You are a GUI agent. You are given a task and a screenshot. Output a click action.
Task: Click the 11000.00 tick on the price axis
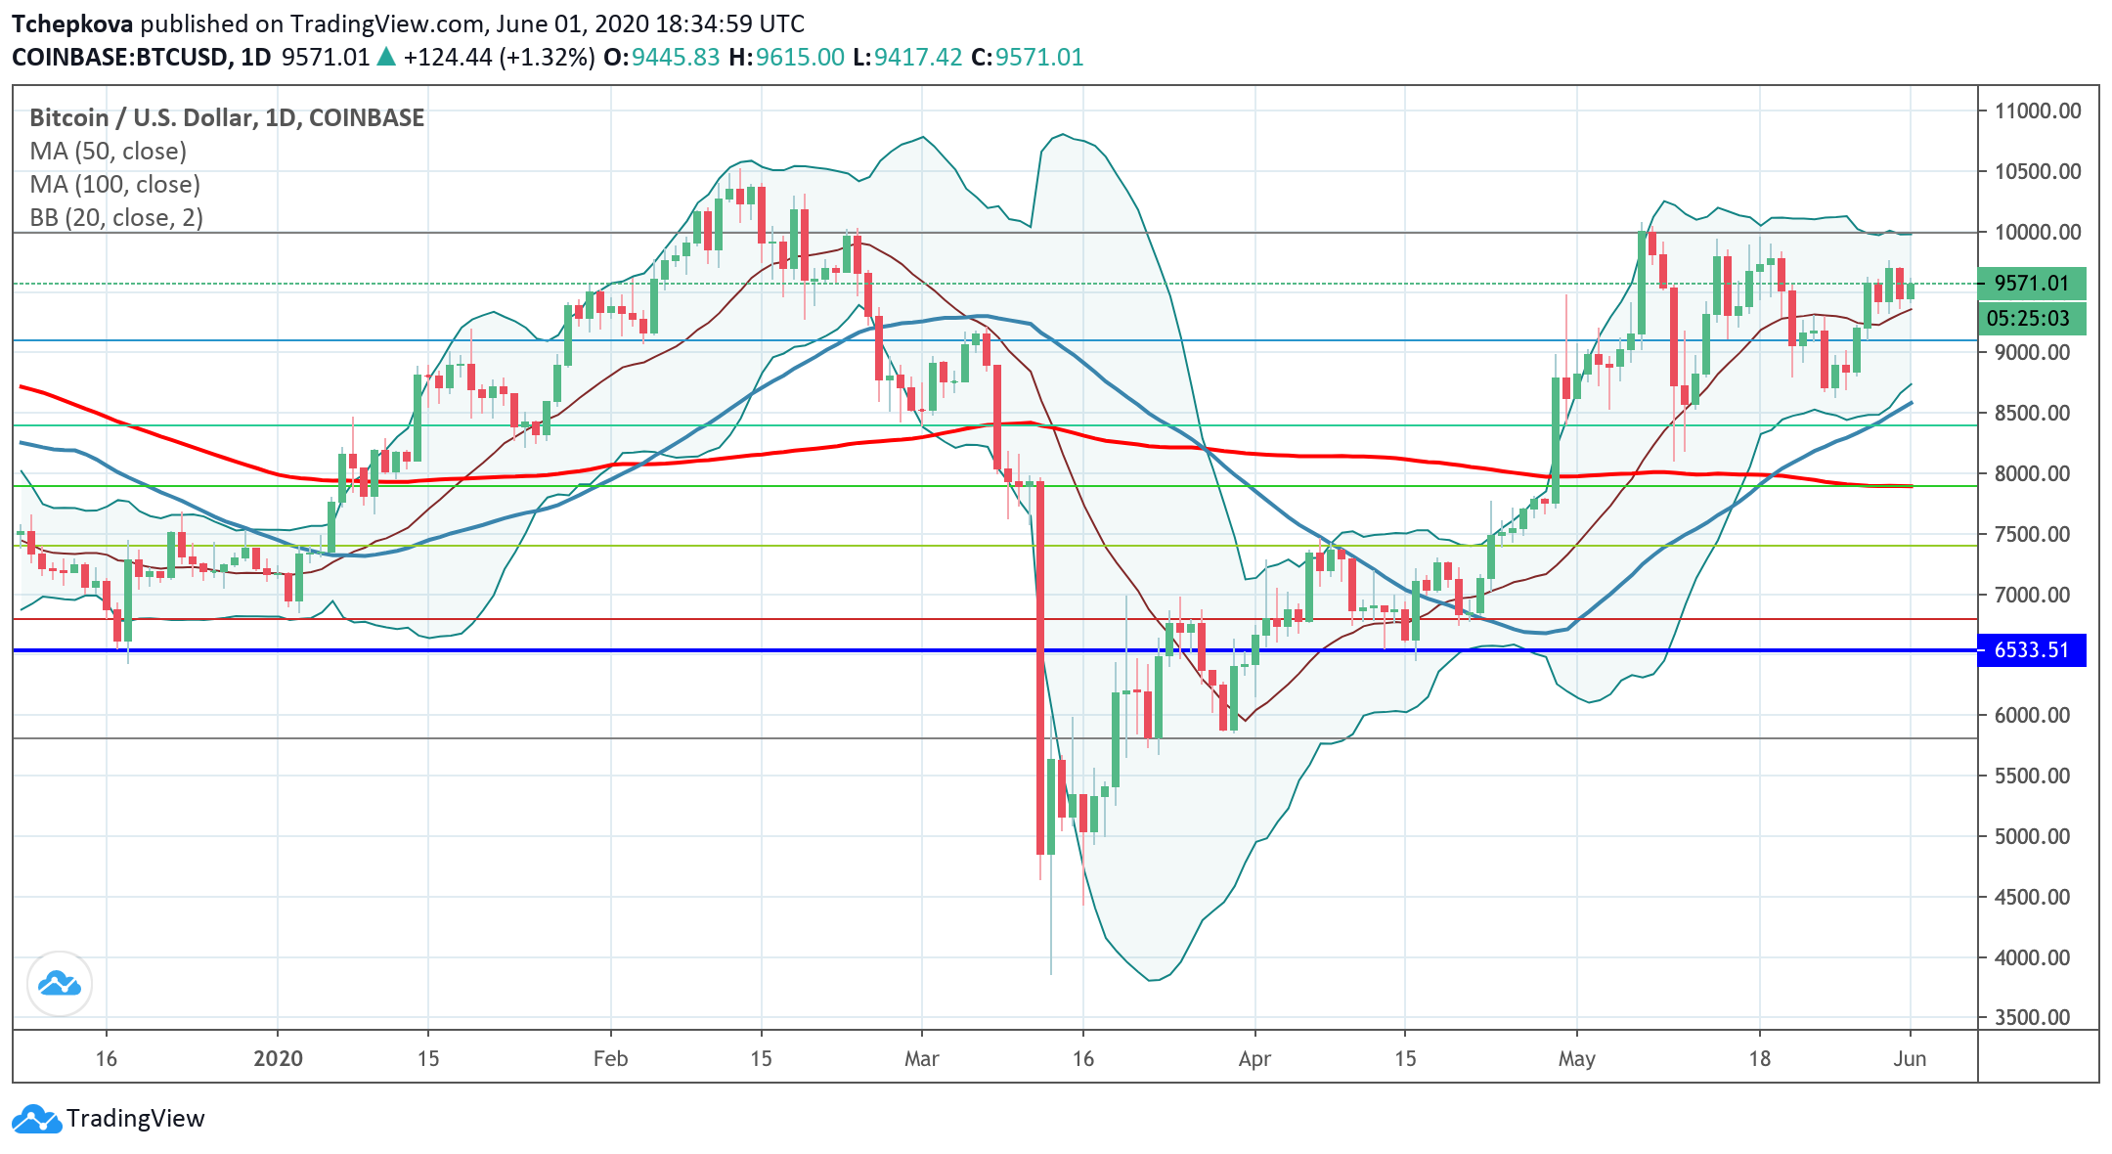(2038, 111)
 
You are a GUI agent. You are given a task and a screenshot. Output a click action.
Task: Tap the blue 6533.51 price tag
(2031, 650)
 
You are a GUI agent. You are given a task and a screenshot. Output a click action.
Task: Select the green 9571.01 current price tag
(2031, 284)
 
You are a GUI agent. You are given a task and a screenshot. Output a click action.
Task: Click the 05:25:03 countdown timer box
(2031, 319)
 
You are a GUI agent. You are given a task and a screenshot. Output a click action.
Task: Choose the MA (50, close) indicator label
(108, 152)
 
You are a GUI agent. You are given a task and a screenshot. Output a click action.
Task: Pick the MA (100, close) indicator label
(114, 185)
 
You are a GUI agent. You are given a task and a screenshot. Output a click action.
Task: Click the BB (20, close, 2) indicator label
(116, 218)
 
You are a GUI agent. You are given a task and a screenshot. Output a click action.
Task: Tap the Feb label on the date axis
(610, 1058)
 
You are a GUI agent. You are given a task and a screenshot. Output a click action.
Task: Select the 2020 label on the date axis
(278, 1058)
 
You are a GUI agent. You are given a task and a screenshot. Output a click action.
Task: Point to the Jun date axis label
(1910, 1058)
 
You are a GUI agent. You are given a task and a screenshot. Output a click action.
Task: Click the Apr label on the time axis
(1254, 1058)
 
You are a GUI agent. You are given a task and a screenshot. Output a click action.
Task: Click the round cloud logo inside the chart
(60, 984)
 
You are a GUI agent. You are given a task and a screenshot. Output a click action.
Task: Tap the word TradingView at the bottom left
(135, 1119)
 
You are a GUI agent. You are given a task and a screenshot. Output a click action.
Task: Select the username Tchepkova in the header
(72, 24)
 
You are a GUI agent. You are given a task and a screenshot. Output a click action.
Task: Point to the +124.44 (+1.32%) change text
(499, 58)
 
